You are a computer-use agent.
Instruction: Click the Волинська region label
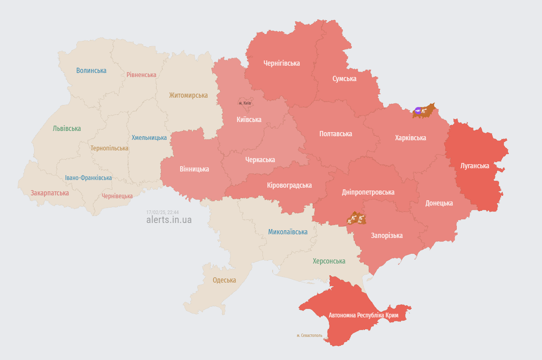coord(91,71)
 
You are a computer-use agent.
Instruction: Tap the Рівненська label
coord(141,75)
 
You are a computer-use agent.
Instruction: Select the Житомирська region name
coord(188,96)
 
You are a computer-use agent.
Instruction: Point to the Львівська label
coord(67,129)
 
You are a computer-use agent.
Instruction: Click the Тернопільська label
coord(109,148)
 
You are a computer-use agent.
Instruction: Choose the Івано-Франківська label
coord(88,178)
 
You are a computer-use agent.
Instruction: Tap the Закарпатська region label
coord(49,193)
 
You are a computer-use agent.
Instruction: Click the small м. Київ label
coord(245,103)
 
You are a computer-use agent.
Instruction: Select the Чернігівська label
coord(282,63)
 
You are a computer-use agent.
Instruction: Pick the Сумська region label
coord(344,79)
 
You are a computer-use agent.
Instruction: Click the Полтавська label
coord(336,134)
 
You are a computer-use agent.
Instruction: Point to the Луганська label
coord(475,166)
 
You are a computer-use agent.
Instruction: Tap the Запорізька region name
coord(387,236)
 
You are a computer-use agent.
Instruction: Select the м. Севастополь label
coord(309,336)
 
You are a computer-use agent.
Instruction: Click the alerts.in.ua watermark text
coord(169,220)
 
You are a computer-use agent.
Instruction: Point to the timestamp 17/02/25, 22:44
coord(162,212)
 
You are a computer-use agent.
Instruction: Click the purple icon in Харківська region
coord(418,110)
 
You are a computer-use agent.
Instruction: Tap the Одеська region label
coord(224,280)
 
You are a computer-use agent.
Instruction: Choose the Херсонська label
coord(329,261)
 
